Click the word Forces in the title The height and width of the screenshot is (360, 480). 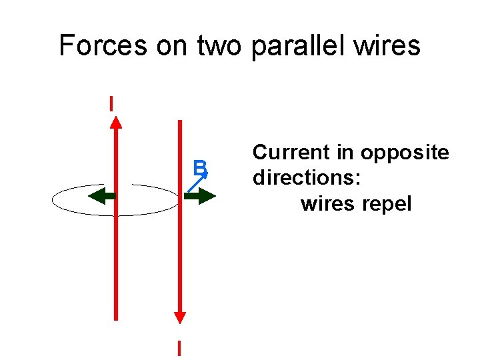tap(102, 45)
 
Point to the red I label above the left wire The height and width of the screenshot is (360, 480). tap(111, 103)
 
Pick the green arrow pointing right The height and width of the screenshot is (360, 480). tap(199, 196)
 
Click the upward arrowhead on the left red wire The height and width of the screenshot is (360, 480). tap(116, 121)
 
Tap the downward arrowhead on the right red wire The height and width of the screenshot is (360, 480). tap(179, 317)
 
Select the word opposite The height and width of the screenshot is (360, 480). tap(405, 153)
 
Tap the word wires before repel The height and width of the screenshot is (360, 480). tap(327, 203)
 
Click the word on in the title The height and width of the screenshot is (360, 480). tap(175, 45)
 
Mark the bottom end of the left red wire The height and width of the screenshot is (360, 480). tap(116, 319)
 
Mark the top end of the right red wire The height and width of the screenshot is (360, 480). tap(179, 122)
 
